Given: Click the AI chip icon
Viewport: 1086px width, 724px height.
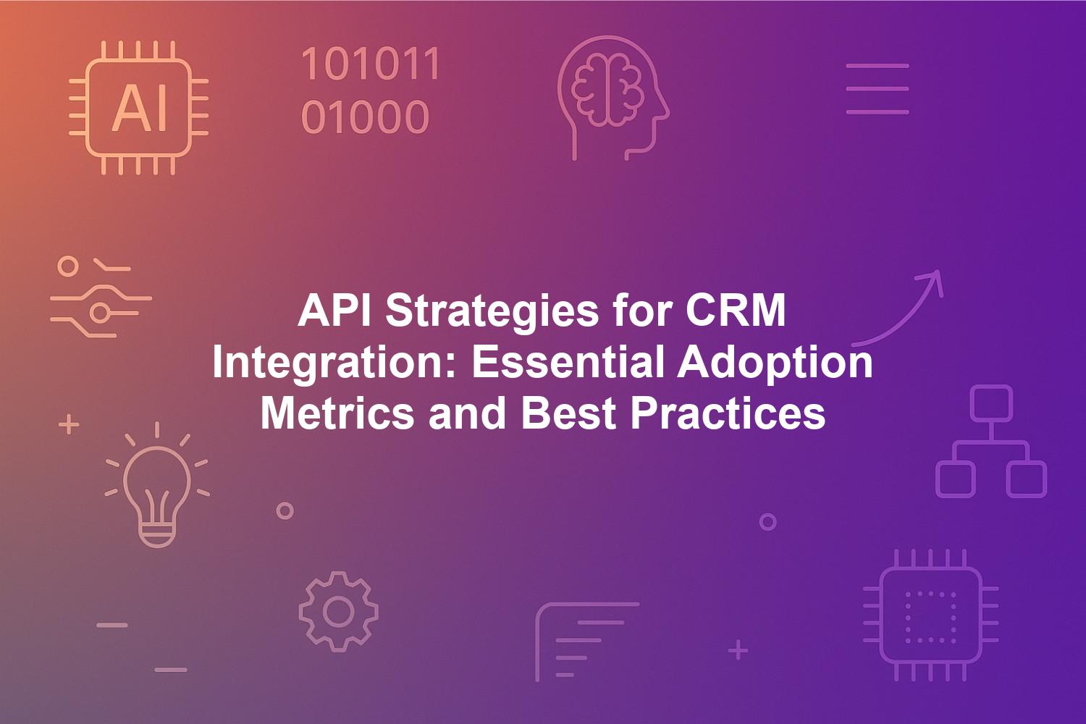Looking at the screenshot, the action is (139, 108).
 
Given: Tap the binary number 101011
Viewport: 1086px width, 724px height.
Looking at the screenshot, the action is (371, 64).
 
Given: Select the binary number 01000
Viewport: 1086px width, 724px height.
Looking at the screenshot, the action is (365, 117).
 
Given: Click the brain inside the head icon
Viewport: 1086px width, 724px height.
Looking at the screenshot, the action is (607, 89).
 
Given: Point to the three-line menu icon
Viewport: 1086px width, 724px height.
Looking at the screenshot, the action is (877, 89).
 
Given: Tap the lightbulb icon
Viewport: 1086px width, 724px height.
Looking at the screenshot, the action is (157, 485).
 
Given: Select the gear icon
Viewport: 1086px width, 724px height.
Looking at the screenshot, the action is (338, 612).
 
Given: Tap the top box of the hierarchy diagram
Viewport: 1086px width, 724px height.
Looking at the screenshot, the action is (991, 403).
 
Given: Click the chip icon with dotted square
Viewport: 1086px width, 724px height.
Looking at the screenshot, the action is (931, 615).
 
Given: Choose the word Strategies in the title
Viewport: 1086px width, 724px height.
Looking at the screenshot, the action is (492, 313).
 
